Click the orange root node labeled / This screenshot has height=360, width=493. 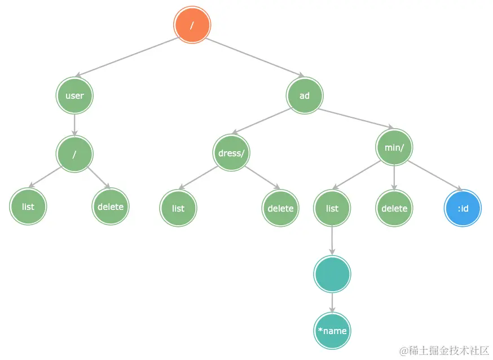tap(192, 25)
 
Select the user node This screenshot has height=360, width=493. tap(74, 95)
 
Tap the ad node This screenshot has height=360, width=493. tap(305, 95)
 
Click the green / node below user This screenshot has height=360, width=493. tap(74, 154)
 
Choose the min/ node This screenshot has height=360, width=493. tap(394, 147)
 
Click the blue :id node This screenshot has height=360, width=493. tap(463, 208)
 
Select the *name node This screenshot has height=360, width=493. tap(332, 331)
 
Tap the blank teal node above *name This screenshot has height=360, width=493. tap(332, 274)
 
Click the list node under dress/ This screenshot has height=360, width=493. tap(178, 208)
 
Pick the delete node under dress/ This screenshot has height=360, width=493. tap(280, 208)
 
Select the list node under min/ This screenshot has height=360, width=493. tap(332, 208)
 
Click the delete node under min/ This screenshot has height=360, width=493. tap(394, 208)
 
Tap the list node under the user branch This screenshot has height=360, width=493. tap(28, 207)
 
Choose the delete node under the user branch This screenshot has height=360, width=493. tap(111, 207)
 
